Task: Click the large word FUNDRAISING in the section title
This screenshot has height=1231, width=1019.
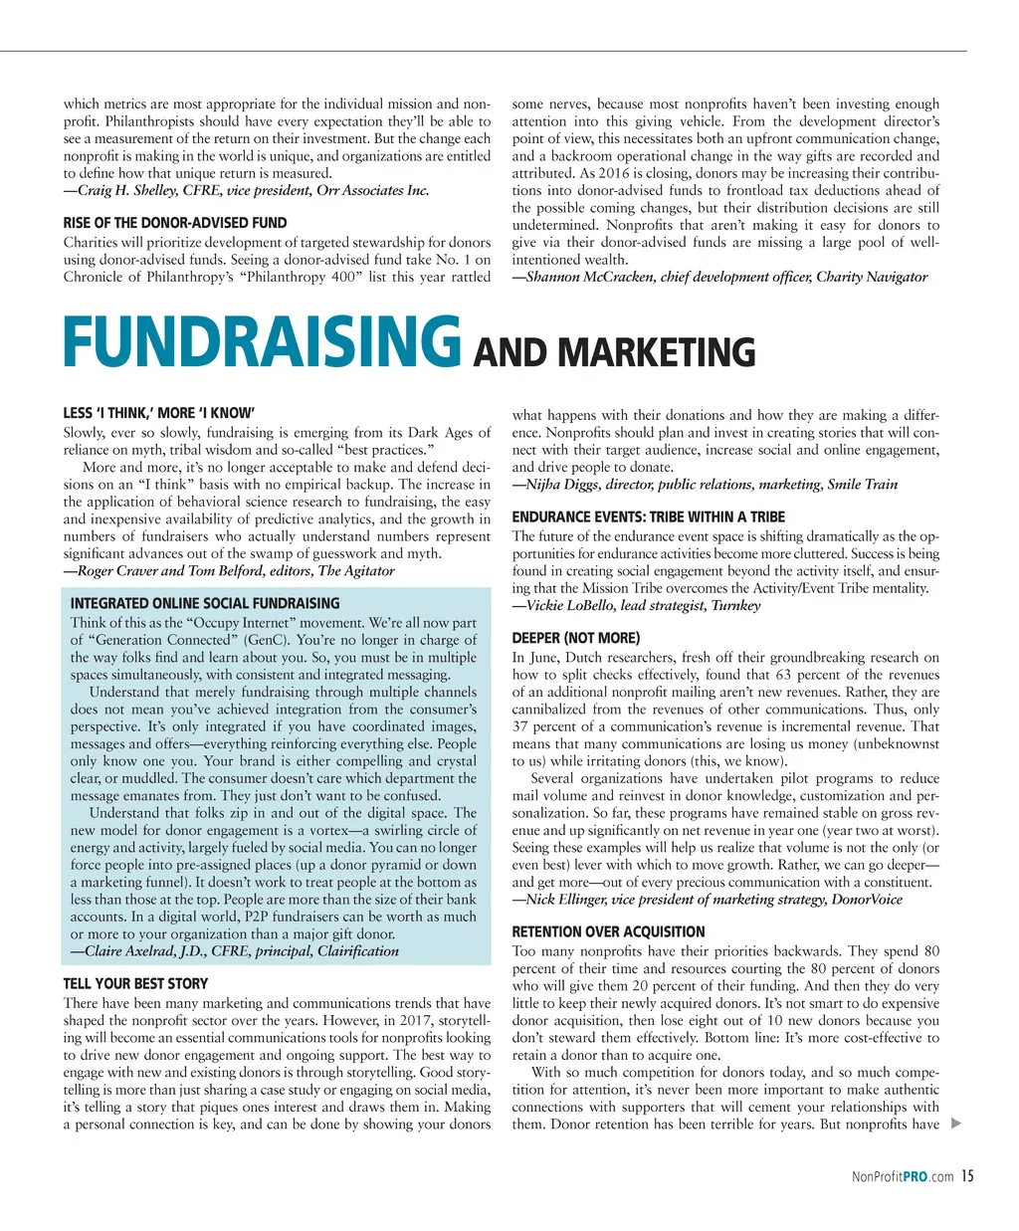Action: tap(262, 342)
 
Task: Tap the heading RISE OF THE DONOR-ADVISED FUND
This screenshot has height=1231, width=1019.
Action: tap(175, 223)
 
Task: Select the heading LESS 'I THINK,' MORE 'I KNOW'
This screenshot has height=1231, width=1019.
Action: tap(159, 413)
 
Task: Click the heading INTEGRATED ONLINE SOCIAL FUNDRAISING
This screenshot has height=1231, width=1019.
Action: tap(205, 603)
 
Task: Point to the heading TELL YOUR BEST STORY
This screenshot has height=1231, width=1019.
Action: tap(135, 983)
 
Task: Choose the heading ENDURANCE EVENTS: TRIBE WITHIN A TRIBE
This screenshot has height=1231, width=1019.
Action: tap(648, 516)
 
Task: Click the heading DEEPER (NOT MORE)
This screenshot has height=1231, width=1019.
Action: tap(575, 638)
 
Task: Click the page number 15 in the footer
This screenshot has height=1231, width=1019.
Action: tap(967, 1177)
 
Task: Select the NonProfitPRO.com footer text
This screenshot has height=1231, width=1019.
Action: tap(903, 1178)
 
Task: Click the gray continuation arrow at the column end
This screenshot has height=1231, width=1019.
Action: tap(956, 1125)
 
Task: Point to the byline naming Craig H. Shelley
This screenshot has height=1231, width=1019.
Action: tap(246, 190)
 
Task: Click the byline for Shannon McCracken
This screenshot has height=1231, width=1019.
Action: tap(719, 277)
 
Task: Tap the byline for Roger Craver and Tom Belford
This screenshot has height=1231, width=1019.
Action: tap(229, 570)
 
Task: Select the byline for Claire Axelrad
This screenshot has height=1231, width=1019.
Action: tap(235, 950)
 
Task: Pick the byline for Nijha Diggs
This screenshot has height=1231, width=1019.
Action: tap(705, 484)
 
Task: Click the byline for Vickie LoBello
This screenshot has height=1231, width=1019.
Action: tap(636, 605)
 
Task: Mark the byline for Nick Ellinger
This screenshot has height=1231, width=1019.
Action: tap(707, 899)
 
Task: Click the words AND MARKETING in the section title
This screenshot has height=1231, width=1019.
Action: tap(614, 353)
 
